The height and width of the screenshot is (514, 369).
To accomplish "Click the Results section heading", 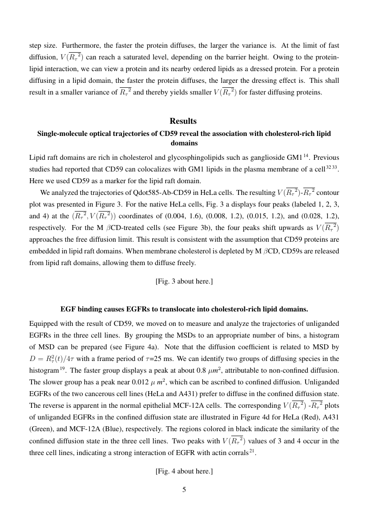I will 184,121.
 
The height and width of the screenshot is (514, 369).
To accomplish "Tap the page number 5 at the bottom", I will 184,490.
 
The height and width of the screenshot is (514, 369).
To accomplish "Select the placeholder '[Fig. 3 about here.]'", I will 184,281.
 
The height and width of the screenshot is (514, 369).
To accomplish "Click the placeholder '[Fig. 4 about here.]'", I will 184,471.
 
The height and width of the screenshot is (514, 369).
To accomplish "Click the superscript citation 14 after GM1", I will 306,155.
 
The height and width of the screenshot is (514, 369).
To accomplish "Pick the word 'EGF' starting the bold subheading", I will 68,309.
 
